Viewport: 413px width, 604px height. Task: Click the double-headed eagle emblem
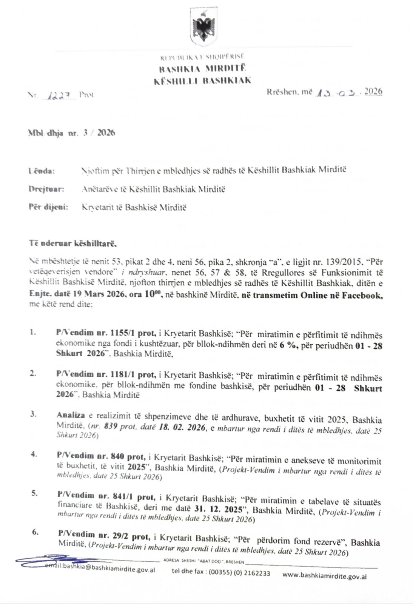pyautogui.click(x=204, y=28)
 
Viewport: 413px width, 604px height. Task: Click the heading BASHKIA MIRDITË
pyautogui.click(x=202, y=69)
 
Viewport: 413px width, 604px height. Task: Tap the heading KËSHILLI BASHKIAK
pyautogui.click(x=202, y=80)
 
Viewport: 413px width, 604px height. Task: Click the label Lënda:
pyautogui.click(x=42, y=171)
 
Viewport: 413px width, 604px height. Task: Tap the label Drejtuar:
pyautogui.click(x=46, y=189)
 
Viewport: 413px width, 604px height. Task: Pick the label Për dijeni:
pyautogui.click(x=48, y=207)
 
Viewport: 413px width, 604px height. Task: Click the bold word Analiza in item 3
pyautogui.click(x=71, y=415)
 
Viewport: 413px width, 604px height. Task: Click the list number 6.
pyautogui.click(x=35, y=532)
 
